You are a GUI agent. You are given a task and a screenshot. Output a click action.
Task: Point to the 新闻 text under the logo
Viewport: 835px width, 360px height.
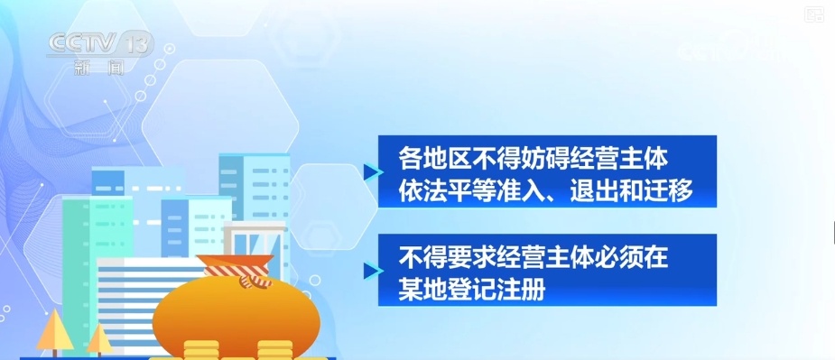[x=97, y=66]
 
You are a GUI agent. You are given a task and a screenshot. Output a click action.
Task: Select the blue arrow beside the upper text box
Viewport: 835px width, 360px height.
[x=368, y=171]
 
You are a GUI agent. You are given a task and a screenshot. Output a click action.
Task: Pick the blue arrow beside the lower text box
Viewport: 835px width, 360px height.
[x=368, y=269]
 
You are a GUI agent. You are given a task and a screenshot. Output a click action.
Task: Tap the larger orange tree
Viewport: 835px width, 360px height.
[x=52, y=328]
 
